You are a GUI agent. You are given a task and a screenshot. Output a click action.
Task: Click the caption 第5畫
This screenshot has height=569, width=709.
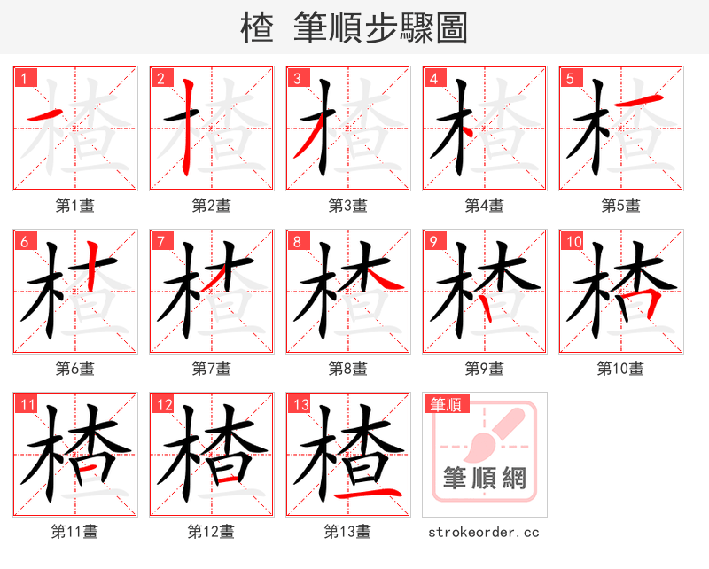620,205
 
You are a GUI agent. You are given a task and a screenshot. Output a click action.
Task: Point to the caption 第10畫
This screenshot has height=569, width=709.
620,368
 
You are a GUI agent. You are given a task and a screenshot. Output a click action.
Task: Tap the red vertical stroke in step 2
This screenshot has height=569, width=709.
187,129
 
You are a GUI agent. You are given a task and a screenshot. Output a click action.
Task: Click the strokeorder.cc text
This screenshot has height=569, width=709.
483,532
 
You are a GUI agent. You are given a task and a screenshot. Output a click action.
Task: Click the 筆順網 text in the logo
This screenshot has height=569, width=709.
485,479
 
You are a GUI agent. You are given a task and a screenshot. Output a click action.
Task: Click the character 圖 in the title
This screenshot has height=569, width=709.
450,27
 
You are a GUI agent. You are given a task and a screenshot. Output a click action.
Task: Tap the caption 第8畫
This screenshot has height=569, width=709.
347,368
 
